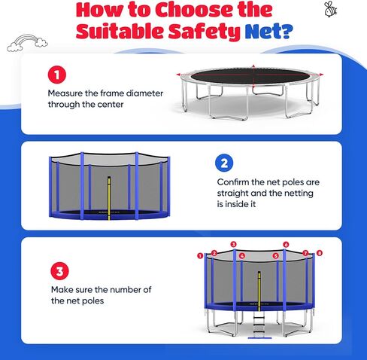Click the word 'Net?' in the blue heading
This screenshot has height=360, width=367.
pos(268,31)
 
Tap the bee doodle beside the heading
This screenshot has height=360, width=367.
pos(330,9)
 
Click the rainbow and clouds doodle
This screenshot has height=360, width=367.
pos(27,43)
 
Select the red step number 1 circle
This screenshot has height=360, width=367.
pos(57,75)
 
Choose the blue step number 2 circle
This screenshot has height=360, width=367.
pos(224,163)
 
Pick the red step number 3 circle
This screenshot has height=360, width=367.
pos(59,271)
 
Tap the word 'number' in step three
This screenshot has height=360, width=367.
pos(122,290)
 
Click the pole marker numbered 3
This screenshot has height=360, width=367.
pos(233,244)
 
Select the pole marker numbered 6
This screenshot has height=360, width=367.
pos(286,244)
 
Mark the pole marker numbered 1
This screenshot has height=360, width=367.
pos(200,256)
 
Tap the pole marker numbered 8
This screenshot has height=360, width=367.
pos(320,253)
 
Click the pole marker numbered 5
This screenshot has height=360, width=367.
pos(276,256)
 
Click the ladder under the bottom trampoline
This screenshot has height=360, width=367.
pos(259,325)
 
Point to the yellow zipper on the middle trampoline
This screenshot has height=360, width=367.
pos(109,198)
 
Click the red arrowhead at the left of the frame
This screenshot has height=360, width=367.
pos(178,75)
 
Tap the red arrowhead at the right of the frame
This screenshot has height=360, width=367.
pos(321,75)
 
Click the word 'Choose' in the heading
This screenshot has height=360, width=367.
pos(195,10)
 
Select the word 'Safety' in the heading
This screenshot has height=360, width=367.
pos(205,32)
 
